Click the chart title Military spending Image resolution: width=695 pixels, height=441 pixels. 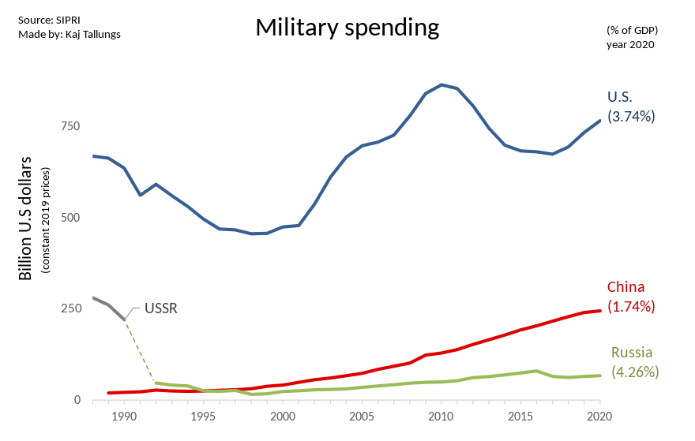tap(347, 28)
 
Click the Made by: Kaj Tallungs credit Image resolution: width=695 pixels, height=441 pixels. tap(69, 34)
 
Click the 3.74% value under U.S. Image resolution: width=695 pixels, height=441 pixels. tap(631, 116)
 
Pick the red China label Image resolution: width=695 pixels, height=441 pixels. tap(625, 287)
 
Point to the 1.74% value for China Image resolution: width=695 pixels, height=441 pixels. tap(631, 306)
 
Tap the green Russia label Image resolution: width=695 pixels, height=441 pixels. tap(632, 352)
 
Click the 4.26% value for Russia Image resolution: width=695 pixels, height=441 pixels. tap(635, 371)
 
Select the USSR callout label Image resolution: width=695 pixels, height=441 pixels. tap(161, 308)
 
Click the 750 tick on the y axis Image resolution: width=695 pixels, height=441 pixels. tap(71, 126)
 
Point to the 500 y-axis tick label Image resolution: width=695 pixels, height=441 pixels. tap(71, 218)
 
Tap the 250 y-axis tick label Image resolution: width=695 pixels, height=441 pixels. tap(71, 308)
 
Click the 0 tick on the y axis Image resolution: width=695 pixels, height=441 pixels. tap(77, 400)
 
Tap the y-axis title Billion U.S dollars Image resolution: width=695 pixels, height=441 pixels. tap(26, 218)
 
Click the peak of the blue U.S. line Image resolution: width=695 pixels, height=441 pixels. tap(441, 84)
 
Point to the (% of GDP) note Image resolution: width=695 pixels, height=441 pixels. tap(632, 30)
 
